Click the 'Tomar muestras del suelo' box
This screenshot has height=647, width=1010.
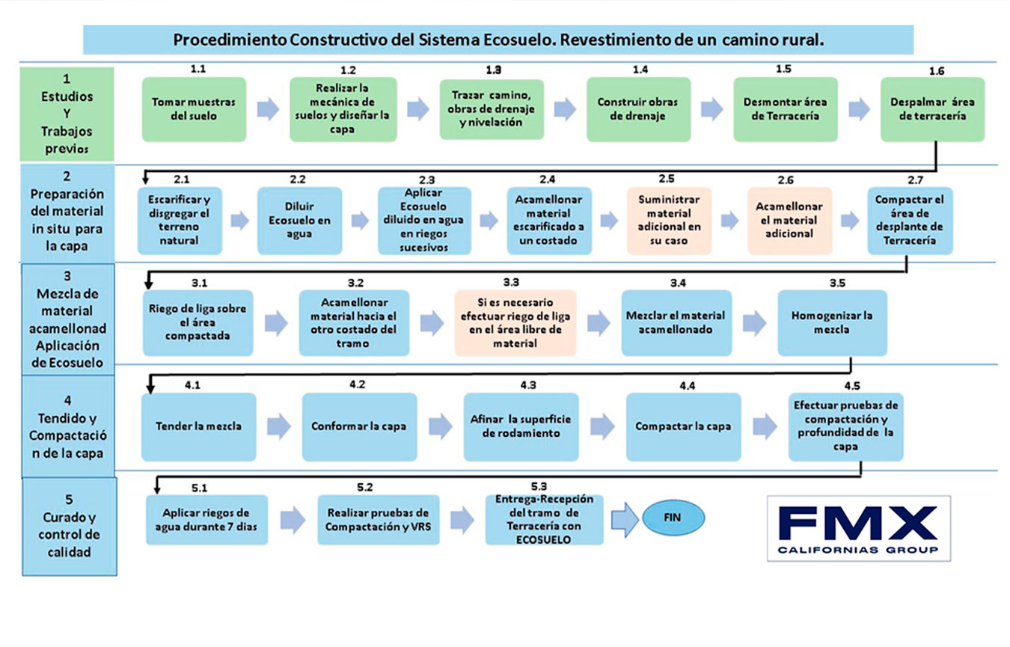pos(194,109)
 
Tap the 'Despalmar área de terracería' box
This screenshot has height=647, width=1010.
pos(932,109)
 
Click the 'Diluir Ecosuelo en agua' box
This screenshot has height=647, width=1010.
pos(299,221)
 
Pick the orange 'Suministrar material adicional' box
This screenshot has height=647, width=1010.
pos(670,221)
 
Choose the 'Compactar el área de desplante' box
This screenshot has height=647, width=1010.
pos(910,221)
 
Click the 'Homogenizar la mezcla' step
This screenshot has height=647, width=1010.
pos(832,322)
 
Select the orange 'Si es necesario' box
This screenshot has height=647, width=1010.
pos(515,322)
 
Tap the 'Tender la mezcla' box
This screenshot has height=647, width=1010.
pos(198,426)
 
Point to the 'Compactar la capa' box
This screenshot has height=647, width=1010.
pos(683,426)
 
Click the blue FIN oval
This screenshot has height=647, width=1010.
pos(673,518)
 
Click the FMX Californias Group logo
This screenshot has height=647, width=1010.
pos(858,527)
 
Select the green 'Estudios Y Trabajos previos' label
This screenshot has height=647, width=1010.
pos(67,114)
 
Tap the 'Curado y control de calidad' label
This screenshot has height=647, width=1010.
pos(69,526)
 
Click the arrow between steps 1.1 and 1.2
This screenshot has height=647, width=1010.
pos(268,109)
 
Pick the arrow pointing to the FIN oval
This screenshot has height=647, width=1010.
pos(625,518)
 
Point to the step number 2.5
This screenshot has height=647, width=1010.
pos(666,178)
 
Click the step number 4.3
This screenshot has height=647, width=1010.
pos(527,384)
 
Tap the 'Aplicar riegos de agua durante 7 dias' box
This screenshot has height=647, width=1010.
pos(206,520)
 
